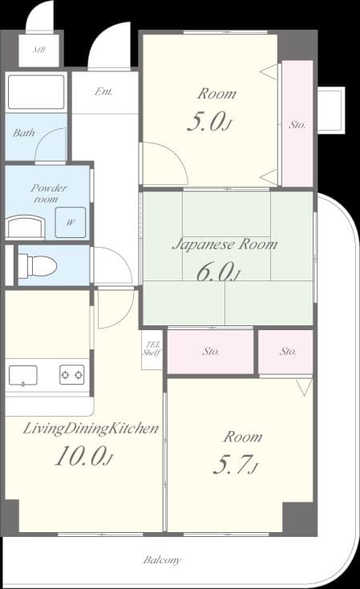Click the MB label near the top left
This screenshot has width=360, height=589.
click(38, 50)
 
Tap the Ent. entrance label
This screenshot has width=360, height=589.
click(103, 91)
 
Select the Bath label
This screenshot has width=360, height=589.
click(24, 133)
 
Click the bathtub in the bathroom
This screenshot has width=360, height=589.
click(36, 93)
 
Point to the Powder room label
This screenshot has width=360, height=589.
click(48, 193)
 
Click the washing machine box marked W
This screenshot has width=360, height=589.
click(70, 222)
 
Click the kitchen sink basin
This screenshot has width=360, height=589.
click(22, 374)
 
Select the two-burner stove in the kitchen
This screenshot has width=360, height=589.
click(71, 374)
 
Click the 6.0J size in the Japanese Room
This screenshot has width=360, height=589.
click(216, 272)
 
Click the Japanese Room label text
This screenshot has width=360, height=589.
click(224, 244)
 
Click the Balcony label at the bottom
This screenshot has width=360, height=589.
click(162, 560)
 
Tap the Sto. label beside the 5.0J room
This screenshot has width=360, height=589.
click(297, 125)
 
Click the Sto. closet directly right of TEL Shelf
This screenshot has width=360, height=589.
click(212, 351)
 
